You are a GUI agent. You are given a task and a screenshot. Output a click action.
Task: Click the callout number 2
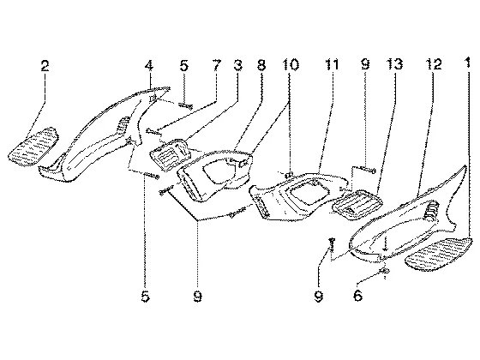click(45, 66)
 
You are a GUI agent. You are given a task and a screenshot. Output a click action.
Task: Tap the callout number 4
click(149, 65)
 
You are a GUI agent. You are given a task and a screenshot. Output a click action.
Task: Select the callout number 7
click(216, 65)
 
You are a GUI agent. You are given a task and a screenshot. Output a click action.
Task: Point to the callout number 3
click(237, 65)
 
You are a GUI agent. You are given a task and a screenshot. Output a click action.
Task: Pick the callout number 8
click(261, 65)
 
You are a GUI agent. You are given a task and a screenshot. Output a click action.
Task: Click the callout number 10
click(290, 64)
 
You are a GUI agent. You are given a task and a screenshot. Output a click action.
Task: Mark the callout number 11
click(332, 64)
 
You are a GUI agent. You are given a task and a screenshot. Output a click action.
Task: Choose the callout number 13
click(394, 64)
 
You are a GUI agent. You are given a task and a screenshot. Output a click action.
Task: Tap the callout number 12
click(434, 64)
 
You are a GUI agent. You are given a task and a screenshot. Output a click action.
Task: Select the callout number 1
click(467, 63)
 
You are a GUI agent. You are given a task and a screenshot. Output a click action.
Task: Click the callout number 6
click(358, 296)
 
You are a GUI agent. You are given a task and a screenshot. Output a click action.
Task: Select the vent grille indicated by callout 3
click(170, 154)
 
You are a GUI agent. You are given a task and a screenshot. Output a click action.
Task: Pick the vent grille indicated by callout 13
click(357, 204)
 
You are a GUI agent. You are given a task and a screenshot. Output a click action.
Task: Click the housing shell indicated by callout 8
click(214, 175)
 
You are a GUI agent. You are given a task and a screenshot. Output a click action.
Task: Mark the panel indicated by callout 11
click(298, 196)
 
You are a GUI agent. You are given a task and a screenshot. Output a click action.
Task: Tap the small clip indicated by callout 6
click(384, 270)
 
